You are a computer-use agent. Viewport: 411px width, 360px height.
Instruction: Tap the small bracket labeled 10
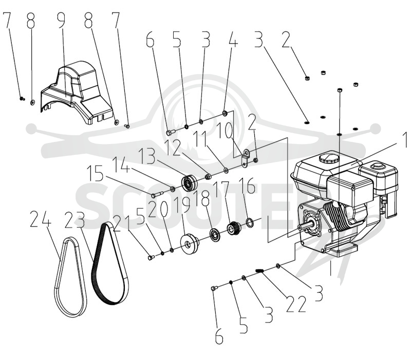(x=245, y=158)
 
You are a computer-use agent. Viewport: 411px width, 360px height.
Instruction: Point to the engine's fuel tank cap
(x=329, y=158)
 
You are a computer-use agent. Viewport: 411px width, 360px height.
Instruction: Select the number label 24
(x=41, y=220)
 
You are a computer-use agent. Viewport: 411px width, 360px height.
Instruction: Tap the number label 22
(x=296, y=304)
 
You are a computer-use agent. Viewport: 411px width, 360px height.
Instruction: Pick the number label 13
(x=147, y=156)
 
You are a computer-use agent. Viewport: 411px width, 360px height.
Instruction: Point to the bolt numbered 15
(x=157, y=195)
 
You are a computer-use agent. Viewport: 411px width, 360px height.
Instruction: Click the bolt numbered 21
(x=151, y=258)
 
